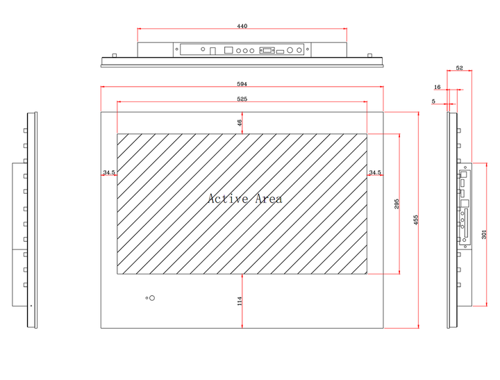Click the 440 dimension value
[242, 26]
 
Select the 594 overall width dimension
[242, 84]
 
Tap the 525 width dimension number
[242, 99]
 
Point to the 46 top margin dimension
[240, 123]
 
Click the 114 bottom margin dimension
[240, 301]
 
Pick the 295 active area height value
[397, 204]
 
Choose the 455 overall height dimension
[416, 220]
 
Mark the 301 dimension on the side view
[484, 235]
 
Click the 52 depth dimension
[459, 68]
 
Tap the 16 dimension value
[437, 87]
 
